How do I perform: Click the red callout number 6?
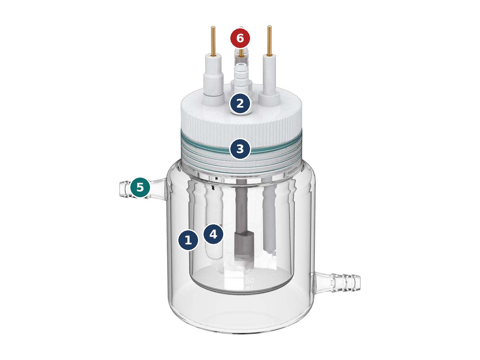pyautogui.click(x=240, y=38)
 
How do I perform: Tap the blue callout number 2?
pyautogui.click(x=240, y=103)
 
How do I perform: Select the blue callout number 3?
pyautogui.click(x=240, y=149)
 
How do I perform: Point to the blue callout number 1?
pyautogui.click(x=188, y=240)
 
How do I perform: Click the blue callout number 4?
pyautogui.click(x=213, y=234)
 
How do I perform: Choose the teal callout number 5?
pyautogui.click(x=140, y=187)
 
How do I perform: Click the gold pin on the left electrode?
pyautogui.click(x=213, y=41)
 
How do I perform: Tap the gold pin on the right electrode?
pyautogui.click(x=270, y=40)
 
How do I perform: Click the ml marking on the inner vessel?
pyautogui.click(x=249, y=288)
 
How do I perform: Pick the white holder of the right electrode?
pyautogui.click(x=270, y=80)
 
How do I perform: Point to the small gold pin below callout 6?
pyautogui.click(x=241, y=53)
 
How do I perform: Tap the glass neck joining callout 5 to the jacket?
pyautogui.click(x=158, y=188)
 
